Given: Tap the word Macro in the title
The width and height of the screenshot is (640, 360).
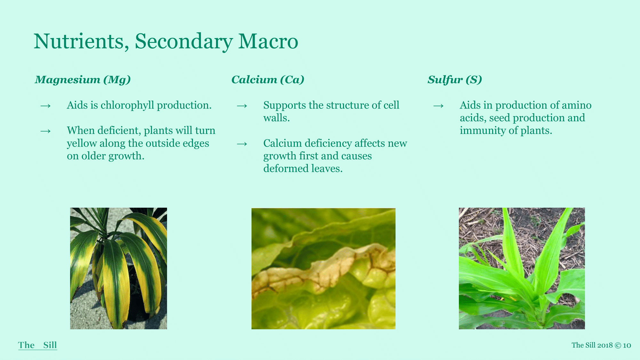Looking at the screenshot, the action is click(x=268, y=42).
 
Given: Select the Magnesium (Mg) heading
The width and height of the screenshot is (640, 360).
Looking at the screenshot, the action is click(x=83, y=80).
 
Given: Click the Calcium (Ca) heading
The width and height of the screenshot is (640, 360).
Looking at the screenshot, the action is click(x=268, y=80).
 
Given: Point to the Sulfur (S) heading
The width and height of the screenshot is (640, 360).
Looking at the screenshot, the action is click(x=455, y=80).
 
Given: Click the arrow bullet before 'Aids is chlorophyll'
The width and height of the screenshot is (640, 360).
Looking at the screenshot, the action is click(x=45, y=106).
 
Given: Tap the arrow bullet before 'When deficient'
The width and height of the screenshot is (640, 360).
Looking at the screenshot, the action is click(x=45, y=131).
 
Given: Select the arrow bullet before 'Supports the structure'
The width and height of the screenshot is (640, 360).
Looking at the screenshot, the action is click(x=242, y=106).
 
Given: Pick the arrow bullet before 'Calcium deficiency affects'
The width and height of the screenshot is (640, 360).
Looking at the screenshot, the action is click(x=242, y=144).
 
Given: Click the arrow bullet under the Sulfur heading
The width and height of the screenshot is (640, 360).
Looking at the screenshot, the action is click(x=438, y=106).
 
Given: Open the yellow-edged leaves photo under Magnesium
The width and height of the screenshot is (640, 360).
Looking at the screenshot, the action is click(x=118, y=268).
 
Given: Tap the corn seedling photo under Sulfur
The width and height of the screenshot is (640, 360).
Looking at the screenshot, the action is click(x=522, y=268).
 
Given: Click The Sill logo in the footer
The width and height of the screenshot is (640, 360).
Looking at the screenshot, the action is click(x=37, y=345).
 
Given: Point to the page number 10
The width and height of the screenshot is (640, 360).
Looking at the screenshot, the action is click(x=627, y=345).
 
